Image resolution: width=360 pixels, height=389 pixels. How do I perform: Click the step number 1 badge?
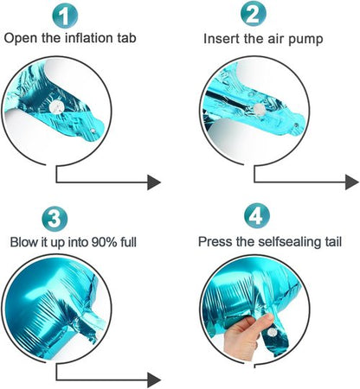click(x=65, y=16)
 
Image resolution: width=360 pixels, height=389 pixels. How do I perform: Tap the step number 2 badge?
click(x=254, y=14)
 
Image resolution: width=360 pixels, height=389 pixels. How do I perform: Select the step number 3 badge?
click(x=55, y=218)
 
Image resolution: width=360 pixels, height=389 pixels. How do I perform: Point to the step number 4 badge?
click(x=257, y=215)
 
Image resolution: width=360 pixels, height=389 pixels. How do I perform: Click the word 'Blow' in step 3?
click(x=24, y=242)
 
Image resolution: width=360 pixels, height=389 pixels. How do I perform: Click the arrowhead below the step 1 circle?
click(x=154, y=182)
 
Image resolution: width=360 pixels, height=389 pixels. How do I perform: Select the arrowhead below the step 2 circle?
click(x=352, y=182)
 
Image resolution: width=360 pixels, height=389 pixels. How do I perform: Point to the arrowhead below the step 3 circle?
click(x=154, y=379)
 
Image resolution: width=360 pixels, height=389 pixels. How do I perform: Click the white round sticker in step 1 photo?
click(x=56, y=107)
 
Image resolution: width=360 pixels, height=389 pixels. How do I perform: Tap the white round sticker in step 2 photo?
click(x=259, y=110)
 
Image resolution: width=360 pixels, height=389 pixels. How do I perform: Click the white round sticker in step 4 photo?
click(x=272, y=333)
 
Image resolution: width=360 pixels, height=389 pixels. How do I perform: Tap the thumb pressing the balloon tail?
click(x=262, y=322)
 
